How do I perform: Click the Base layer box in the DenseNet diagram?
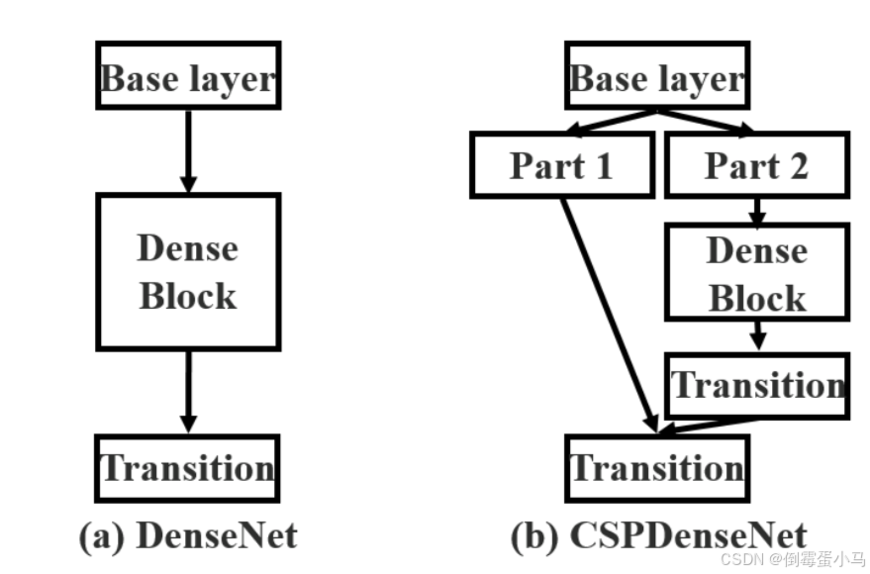click(188, 76)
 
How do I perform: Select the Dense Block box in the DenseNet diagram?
click(188, 271)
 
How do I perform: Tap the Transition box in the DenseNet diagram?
click(188, 467)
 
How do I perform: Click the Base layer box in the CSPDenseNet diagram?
click(657, 76)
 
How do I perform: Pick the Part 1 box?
click(561, 165)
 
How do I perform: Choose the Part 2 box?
click(756, 165)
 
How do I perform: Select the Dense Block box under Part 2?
click(756, 273)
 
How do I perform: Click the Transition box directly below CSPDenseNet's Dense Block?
click(757, 384)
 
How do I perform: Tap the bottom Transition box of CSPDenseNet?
click(657, 467)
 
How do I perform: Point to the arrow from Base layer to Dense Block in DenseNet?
click(188, 149)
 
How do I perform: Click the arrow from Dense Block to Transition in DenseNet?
click(188, 391)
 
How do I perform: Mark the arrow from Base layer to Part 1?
click(614, 122)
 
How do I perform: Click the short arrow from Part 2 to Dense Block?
click(757, 210)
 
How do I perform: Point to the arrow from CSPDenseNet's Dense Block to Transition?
click(757, 336)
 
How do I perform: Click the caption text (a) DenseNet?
click(188, 535)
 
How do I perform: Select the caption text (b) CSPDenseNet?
click(658, 535)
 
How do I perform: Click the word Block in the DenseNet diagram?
click(188, 296)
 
